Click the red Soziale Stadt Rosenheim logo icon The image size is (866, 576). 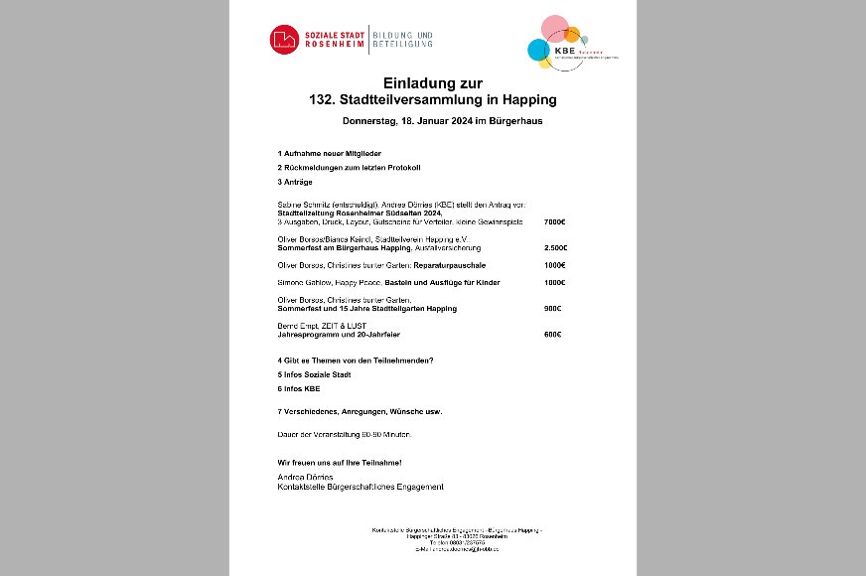tap(283, 39)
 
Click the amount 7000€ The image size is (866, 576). tap(554, 221)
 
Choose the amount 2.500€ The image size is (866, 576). tap(555, 247)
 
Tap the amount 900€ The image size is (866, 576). tap(553, 309)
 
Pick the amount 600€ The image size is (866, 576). tap(553, 334)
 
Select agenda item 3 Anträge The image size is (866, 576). tap(295, 183)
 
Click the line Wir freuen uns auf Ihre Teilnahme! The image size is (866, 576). tap(340, 463)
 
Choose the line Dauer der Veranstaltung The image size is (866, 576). tap(344, 435)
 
